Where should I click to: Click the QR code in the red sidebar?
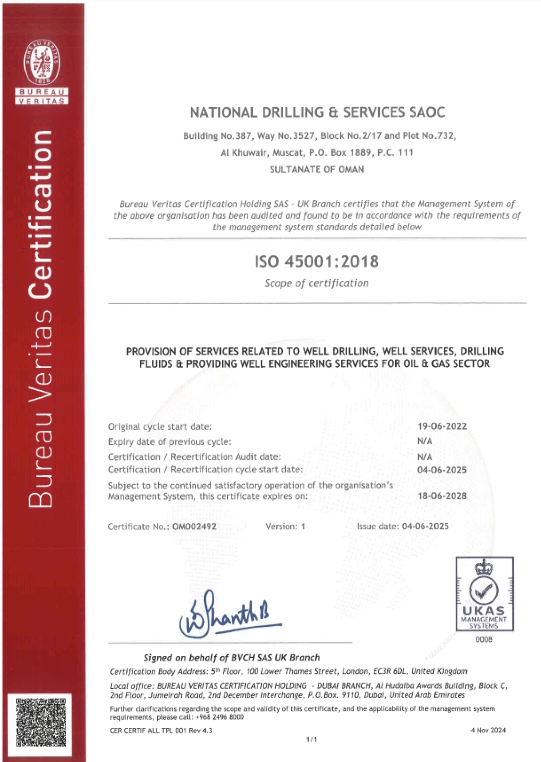point(41,722)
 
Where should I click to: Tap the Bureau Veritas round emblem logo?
point(42,62)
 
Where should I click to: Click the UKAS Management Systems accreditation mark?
point(485,593)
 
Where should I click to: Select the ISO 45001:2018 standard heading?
point(316,261)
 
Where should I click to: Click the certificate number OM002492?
point(194,526)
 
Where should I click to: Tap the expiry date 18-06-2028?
point(442,496)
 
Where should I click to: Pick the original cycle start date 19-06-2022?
point(442,426)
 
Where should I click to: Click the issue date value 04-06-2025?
point(425,526)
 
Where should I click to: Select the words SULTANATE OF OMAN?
point(317,169)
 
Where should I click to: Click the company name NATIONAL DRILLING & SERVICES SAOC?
point(317,113)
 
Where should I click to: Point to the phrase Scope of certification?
point(317,283)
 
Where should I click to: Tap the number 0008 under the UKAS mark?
point(484,640)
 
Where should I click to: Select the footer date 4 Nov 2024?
point(488,730)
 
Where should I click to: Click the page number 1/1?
point(312,739)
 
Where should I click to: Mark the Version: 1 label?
point(285,526)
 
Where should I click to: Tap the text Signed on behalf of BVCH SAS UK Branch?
point(231,657)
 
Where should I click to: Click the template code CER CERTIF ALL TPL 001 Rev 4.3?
point(161,731)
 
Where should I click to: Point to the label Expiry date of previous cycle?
point(170,442)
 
